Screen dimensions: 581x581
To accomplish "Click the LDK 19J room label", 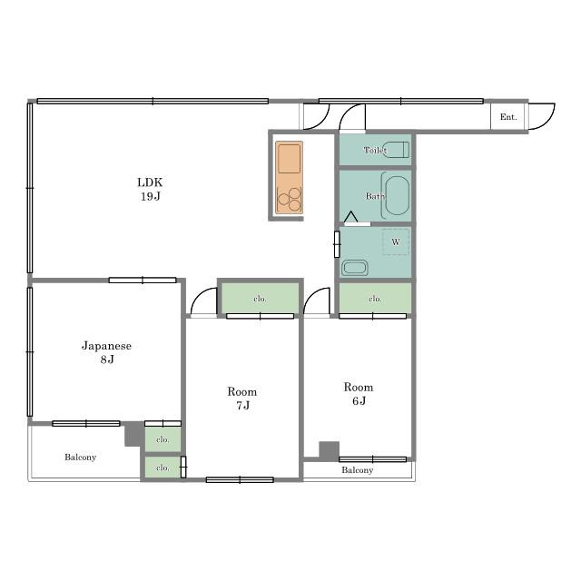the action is [x=150, y=189].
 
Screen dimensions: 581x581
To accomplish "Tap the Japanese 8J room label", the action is [x=107, y=352].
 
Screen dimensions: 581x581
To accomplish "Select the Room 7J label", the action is [x=242, y=399].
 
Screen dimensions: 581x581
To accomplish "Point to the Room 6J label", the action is [x=359, y=394].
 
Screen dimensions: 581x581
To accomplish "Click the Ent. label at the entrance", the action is [x=508, y=117].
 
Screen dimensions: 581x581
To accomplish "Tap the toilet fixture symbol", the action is [x=396, y=150].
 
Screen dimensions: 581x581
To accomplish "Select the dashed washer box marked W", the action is [x=396, y=242].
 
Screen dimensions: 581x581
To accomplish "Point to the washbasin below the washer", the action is [x=355, y=268].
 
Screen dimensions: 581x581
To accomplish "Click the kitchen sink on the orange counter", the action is [x=289, y=159].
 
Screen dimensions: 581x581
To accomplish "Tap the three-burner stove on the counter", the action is [x=290, y=199].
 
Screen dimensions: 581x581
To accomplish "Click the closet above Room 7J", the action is [x=261, y=299].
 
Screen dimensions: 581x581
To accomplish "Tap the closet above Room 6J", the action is [x=375, y=299].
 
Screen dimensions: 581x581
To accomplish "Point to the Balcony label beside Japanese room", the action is [x=81, y=458].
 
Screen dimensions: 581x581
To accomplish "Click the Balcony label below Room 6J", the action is [x=357, y=470].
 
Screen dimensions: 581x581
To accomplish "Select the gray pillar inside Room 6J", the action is [x=329, y=451].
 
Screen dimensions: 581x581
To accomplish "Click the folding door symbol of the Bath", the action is [x=351, y=218].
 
